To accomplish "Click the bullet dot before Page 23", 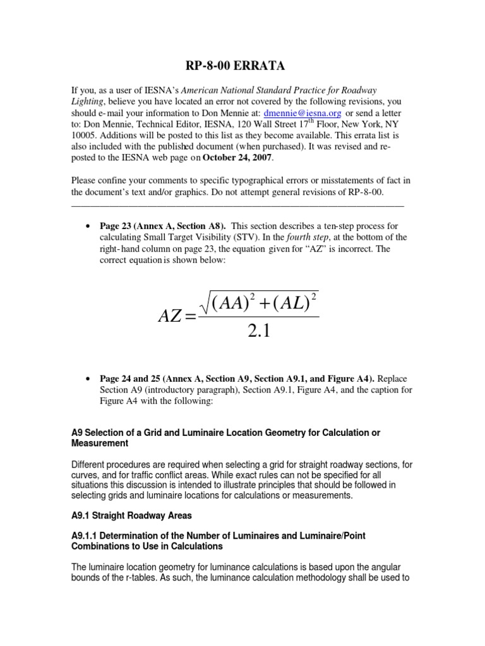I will (86, 226).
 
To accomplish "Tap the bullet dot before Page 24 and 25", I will (86, 379).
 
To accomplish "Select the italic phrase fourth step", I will (305, 237).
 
